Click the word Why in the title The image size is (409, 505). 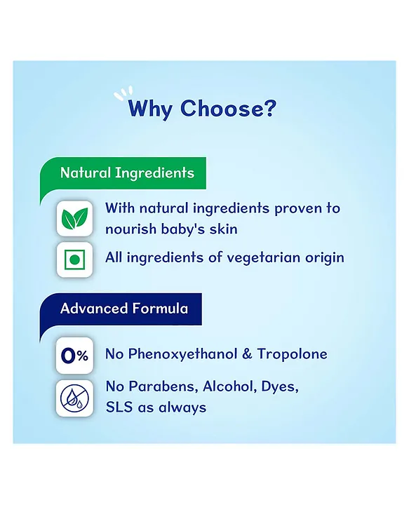[149, 109]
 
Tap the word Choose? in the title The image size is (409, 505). [228, 108]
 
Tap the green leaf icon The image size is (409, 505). [75, 218]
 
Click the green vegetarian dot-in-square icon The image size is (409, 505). [75, 260]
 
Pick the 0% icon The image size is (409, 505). [75, 356]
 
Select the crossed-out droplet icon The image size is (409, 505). [75, 398]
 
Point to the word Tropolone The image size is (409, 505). [292, 354]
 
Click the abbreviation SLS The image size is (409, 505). [119, 408]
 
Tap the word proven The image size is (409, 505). [295, 209]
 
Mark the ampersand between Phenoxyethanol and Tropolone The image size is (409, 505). [247, 354]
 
